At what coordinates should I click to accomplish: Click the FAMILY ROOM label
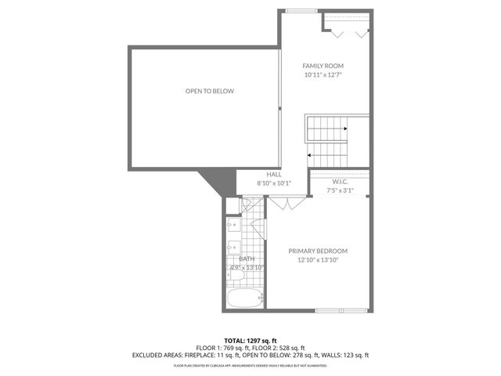click(x=323, y=66)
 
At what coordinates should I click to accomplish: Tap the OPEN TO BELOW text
click(x=209, y=91)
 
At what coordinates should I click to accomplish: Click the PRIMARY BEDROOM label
click(x=318, y=251)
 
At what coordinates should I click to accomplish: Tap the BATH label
click(x=247, y=258)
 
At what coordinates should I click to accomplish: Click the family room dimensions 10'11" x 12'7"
click(x=323, y=75)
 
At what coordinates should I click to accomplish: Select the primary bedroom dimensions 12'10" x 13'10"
click(x=318, y=260)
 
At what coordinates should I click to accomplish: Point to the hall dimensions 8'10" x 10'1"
click(x=274, y=183)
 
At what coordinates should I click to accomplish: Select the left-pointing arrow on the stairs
click(x=312, y=155)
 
